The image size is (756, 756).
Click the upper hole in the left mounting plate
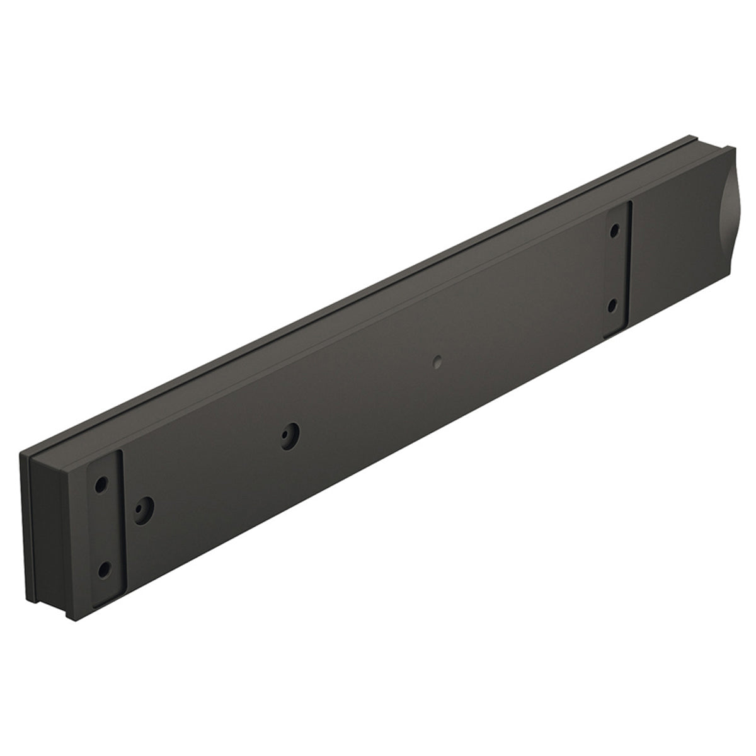(100, 488)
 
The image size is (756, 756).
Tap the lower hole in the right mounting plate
(614, 304)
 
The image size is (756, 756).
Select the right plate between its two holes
(615, 268)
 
